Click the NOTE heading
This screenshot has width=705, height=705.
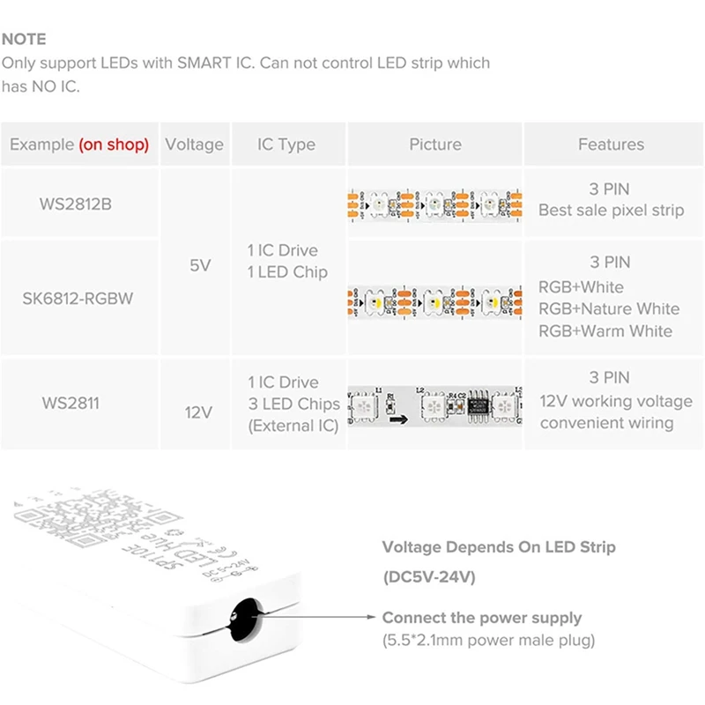tap(24, 40)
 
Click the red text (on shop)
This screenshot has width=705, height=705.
tap(114, 145)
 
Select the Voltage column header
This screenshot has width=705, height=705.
tap(195, 145)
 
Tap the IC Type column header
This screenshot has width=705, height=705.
tap(286, 145)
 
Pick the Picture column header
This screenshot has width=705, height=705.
tap(434, 145)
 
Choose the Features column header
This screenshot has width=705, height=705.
tap(611, 145)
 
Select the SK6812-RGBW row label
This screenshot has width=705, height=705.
tap(78, 298)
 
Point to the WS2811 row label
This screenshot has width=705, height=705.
tap(70, 404)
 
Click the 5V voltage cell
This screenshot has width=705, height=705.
tap(200, 264)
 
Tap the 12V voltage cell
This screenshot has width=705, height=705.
tap(200, 412)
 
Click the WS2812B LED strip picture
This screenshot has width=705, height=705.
tap(434, 204)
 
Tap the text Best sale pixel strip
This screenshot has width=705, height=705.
tap(611, 211)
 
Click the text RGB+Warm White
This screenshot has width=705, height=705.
tap(605, 331)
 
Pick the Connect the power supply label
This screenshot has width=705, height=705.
tap(482, 618)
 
